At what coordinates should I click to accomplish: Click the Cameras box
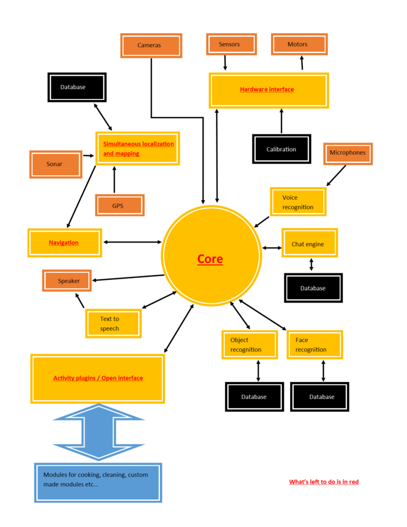(151, 45)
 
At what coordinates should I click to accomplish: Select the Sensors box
(231, 45)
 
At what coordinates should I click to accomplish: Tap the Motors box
(299, 45)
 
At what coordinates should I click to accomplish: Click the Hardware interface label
(267, 90)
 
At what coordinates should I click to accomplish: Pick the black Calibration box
(282, 149)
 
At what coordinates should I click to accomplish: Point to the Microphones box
(348, 153)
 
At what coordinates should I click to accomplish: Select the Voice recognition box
(298, 202)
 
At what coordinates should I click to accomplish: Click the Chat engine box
(309, 243)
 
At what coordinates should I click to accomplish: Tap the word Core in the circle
(210, 259)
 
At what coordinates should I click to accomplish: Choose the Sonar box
(55, 164)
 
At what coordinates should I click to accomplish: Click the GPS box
(119, 205)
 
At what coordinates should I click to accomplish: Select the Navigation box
(64, 243)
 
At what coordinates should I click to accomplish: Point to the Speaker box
(67, 281)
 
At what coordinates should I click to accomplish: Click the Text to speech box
(113, 323)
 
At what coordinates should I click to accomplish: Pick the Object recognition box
(249, 344)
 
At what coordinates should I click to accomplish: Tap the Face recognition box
(314, 344)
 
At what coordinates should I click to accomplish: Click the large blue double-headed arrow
(98, 432)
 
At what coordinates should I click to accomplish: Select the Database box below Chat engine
(313, 288)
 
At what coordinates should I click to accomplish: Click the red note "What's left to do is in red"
(324, 482)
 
